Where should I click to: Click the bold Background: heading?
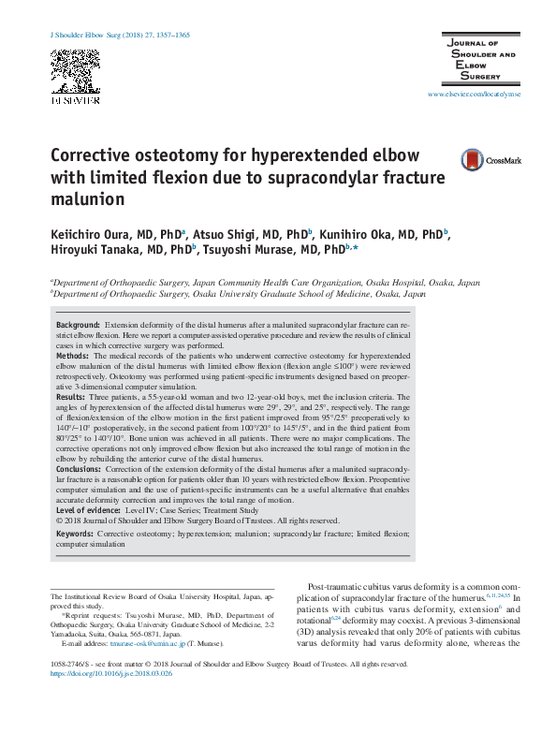[x=78, y=323]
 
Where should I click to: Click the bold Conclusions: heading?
[x=80, y=470]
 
